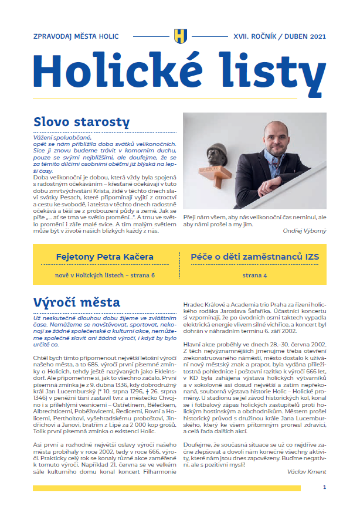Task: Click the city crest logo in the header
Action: click(x=179, y=36)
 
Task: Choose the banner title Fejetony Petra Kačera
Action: click(x=104, y=257)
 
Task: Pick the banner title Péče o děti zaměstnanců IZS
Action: click(x=254, y=257)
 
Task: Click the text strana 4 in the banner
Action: click(x=254, y=274)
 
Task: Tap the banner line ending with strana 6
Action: click(x=104, y=274)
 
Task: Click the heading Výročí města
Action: click(x=77, y=302)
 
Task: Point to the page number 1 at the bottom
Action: click(x=324, y=487)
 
